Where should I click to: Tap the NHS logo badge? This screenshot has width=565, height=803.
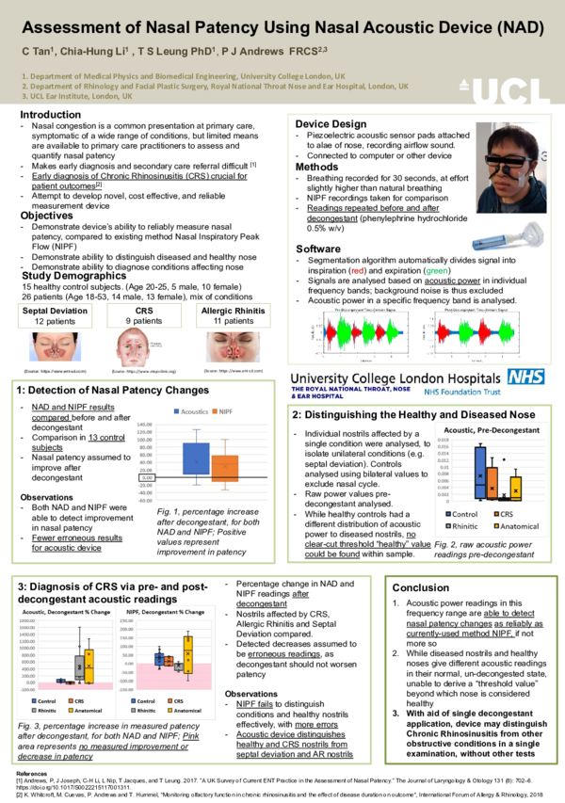[525, 377]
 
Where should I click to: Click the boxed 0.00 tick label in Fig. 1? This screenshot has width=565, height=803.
[146, 478]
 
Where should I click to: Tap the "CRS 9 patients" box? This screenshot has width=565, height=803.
[143, 315]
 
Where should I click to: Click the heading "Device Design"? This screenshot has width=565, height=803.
[331, 124]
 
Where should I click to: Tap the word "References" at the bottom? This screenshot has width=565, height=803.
[35, 771]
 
